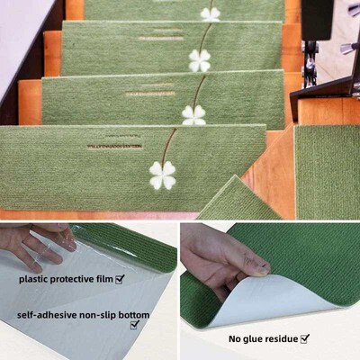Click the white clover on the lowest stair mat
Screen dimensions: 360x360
[162, 175]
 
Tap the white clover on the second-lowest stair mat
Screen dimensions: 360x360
[193, 114]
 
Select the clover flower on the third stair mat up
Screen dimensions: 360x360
[199, 60]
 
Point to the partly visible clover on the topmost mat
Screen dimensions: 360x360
[210, 13]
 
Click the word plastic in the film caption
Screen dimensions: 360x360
[38, 279]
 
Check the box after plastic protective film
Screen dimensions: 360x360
[120, 279]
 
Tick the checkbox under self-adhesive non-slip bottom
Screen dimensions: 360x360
[134, 325]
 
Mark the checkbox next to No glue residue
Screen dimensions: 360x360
[305, 338]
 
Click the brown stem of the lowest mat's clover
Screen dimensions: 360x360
[169, 144]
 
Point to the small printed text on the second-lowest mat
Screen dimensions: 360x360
[149, 93]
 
